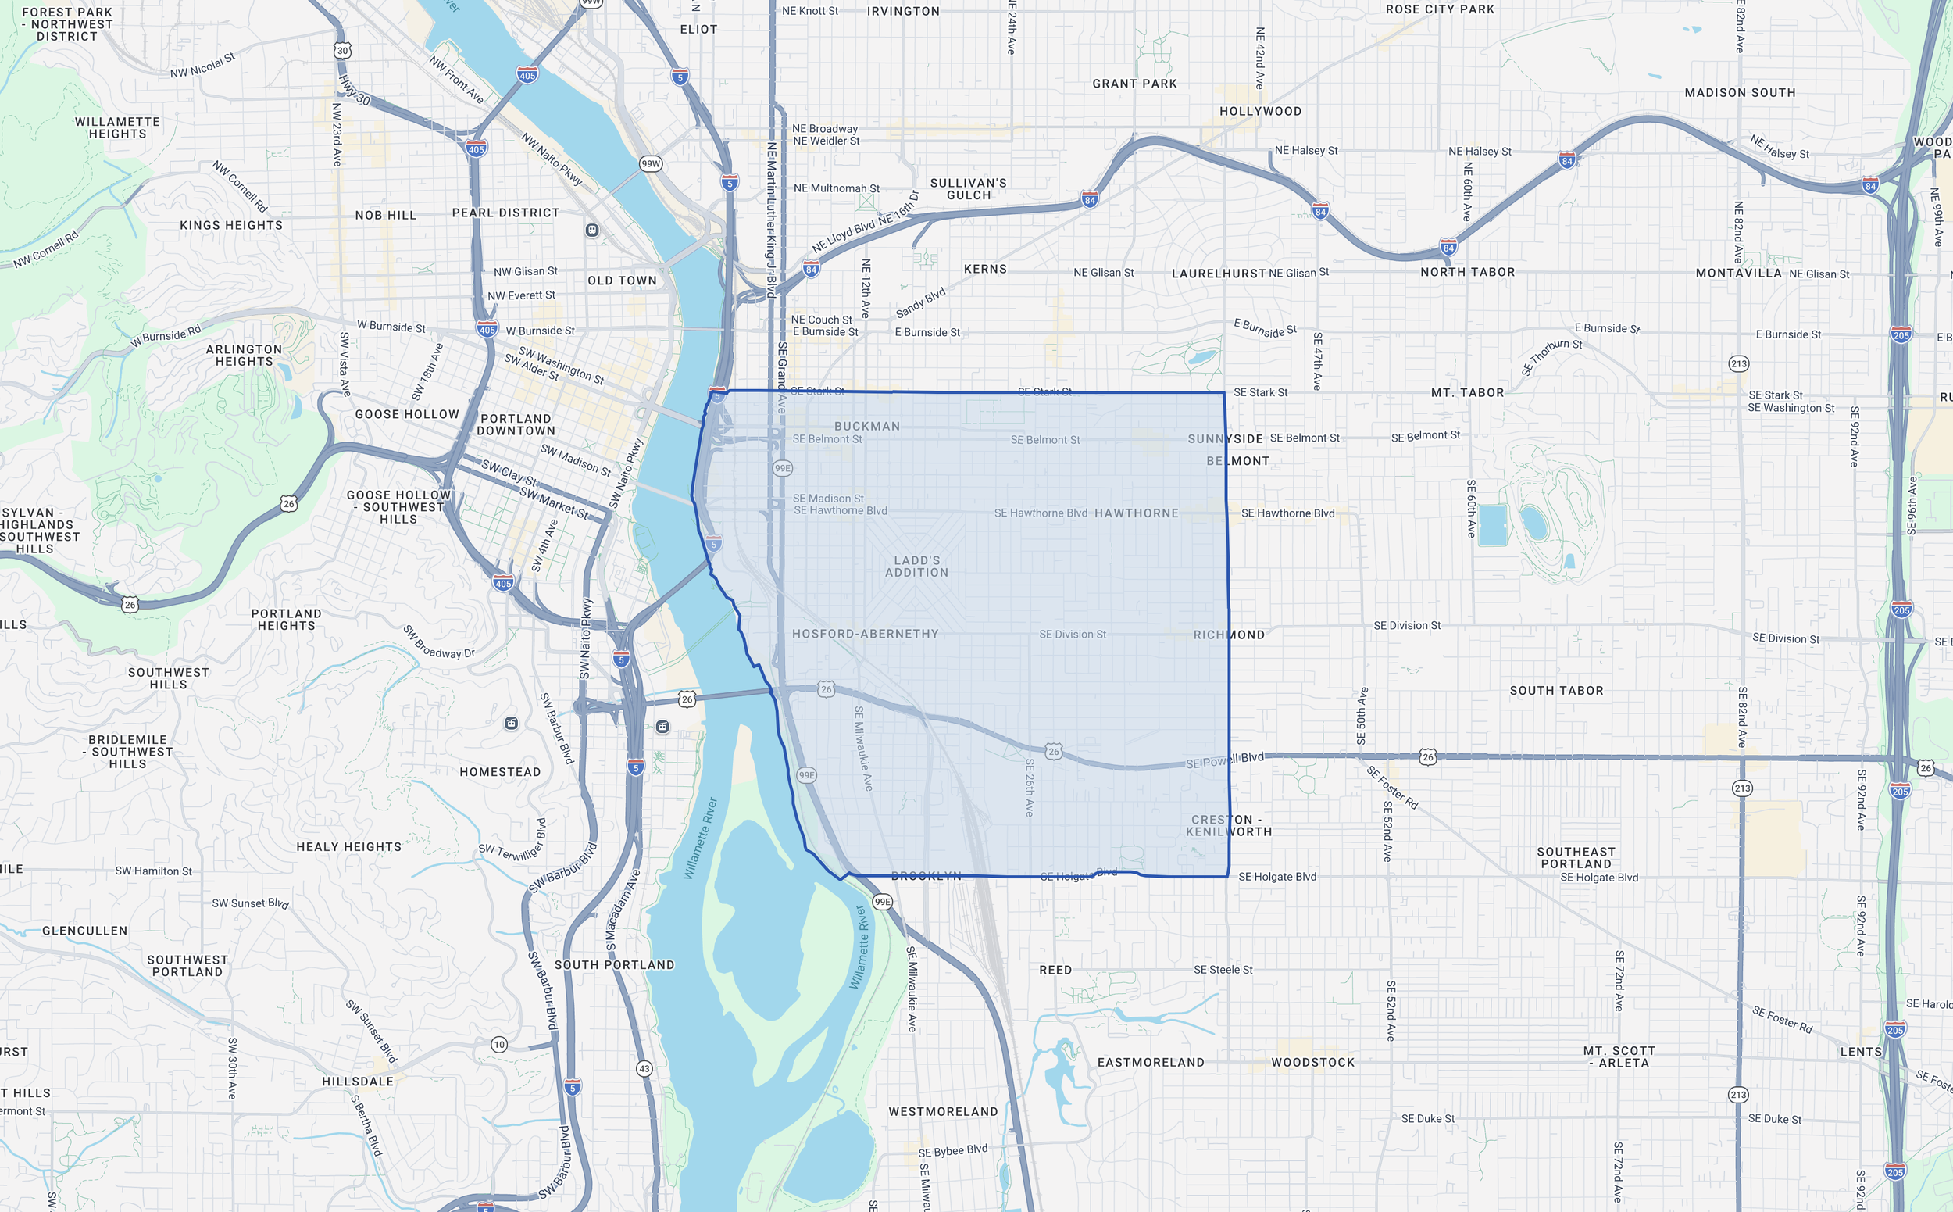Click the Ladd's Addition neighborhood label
click(916, 566)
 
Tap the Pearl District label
click(505, 213)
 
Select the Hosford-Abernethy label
click(865, 633)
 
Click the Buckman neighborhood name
click(866, 426)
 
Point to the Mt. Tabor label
click(1467, 392)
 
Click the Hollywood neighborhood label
click(1260, 111)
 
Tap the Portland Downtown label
click(516, 424)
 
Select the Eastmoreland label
click(1150, 1062)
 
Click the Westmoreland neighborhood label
click(942, 1111)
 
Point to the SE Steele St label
click(1222, 969)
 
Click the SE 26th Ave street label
click(1030, 787)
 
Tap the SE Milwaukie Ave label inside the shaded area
click(862, 748)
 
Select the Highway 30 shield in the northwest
click(342, 51)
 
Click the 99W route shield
click(650, 163)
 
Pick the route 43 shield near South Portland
click(644, 1068)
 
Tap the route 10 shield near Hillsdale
click(499, 1045)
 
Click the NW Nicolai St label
click(202, 66)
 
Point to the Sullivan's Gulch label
click(968, 188)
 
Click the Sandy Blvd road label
click(920, 302)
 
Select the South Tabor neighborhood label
click(1555, 690)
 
